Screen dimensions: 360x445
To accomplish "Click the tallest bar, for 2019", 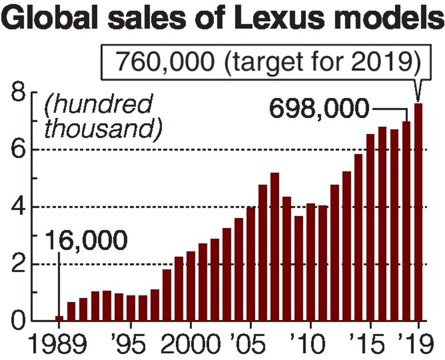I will (418, 212).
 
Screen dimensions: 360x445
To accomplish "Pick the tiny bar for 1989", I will (59, 318).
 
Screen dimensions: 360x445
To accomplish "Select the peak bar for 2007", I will (274, 247).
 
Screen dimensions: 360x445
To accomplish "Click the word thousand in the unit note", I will (103, 129).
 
